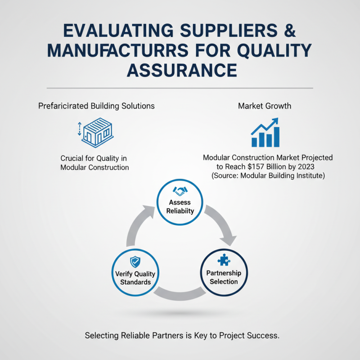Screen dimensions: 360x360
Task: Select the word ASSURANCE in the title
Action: point(180,71)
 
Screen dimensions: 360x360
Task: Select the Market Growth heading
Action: point(265,106)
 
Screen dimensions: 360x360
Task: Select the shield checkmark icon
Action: point(135,261)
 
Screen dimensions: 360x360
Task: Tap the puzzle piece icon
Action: point(224,259)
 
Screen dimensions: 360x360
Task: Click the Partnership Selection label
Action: point(224,277)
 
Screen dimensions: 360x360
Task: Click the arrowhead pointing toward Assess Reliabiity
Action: point(148,210)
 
